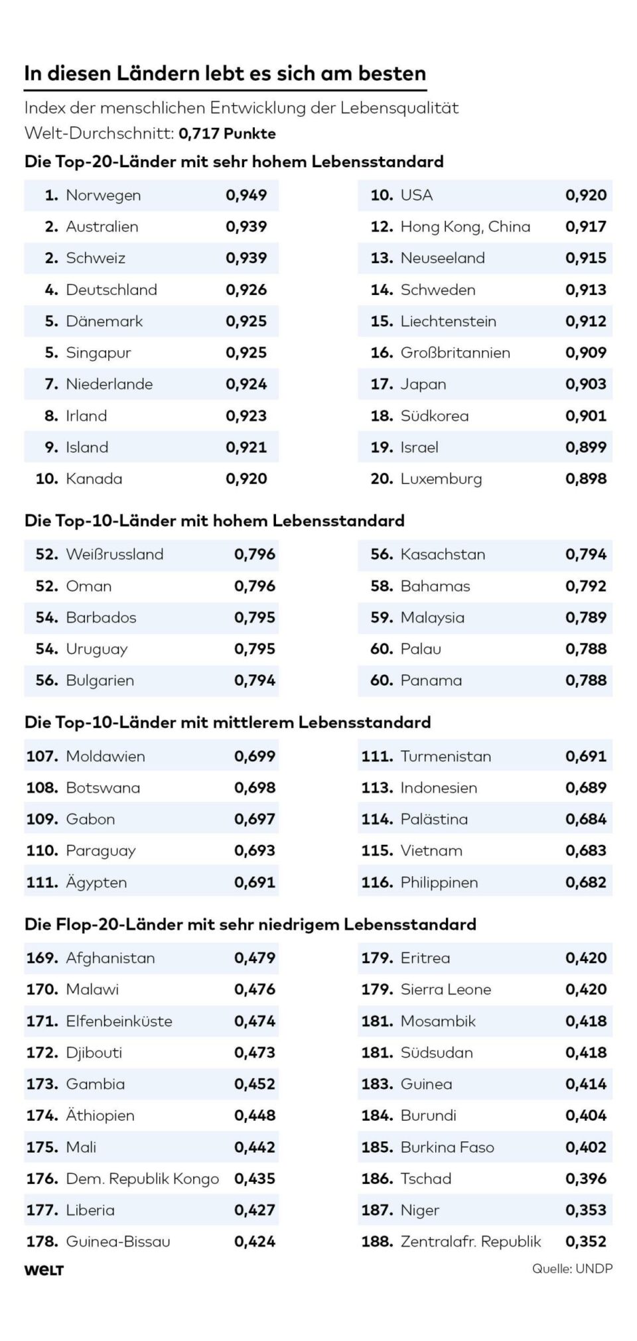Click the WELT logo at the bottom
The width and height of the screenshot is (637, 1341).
click(x=44, y=1270)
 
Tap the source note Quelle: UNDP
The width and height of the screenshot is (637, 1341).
click(x=572, y=1268)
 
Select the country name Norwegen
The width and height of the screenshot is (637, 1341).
click(x=103, y=195)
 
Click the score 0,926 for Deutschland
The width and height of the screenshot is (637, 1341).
click(x=246, y=290)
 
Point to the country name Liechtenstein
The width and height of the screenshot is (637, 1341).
click(x=448, y=321)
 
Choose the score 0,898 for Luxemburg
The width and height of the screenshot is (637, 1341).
click(x=586, y=479)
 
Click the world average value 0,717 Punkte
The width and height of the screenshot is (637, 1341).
click(x=227, y=133)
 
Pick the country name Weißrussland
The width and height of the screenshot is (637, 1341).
click(x=114, y=554)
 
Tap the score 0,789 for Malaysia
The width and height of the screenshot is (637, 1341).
click(x=586, y=617)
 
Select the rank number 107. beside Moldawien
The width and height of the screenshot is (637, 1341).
click(x=43, y=756)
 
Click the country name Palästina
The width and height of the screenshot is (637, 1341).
click(x=434, y=819)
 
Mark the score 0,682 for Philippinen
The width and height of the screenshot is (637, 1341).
click(x=586, y=882)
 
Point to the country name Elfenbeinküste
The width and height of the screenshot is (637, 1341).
click(x=119, y=1021)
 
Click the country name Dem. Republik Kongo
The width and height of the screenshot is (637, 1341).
click(x=142, y=1179)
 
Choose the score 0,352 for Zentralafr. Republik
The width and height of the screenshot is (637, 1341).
click(x=586, y=1242)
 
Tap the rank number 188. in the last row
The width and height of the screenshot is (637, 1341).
click(x=377, y=1242)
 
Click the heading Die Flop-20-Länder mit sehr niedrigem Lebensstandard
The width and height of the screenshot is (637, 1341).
click(x=250, y=924)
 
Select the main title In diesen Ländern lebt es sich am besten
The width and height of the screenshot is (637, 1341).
click(x=225, y=73)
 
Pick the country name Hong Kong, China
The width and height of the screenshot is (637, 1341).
click(x=465, y=227)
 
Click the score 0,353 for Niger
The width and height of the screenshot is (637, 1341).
click(x=586, y=1210)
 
